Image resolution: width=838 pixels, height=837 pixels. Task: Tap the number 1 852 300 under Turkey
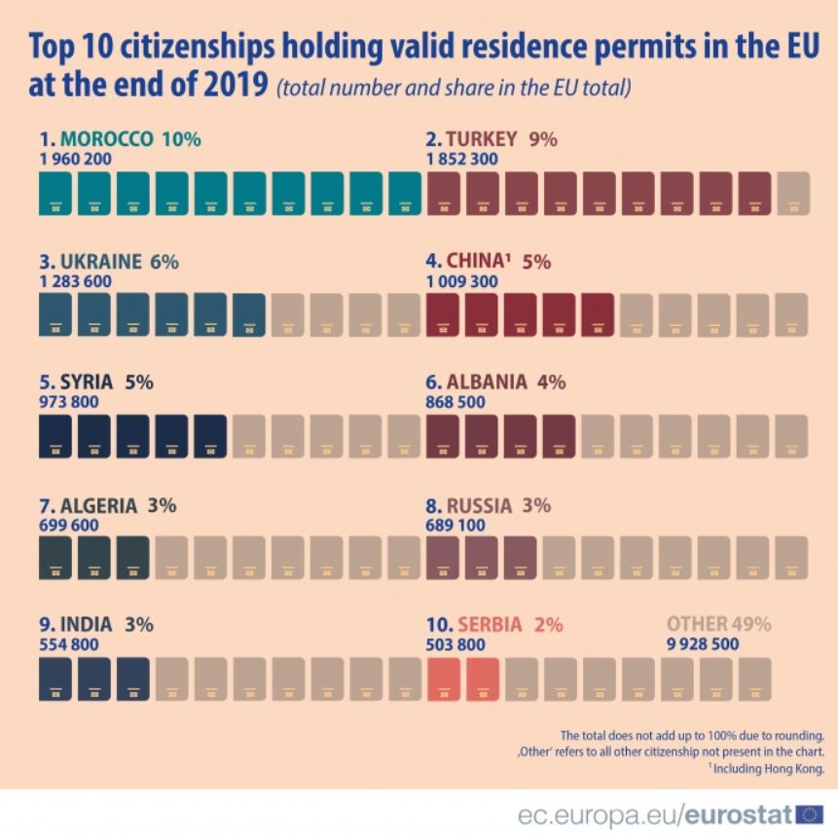click(x=463, y=159)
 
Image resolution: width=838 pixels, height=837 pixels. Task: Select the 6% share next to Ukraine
click(x=164, y=262)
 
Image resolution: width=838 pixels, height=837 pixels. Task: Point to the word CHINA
click(x=475, y=262)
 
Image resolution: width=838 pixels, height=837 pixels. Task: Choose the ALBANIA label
click(x=488, y=382)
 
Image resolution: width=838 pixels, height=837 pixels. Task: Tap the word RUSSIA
click(x=479, y=506)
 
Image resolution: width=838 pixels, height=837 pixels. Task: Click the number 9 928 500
click(x=703, y=644)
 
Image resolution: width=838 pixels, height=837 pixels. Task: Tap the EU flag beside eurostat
click(x=809, y=814)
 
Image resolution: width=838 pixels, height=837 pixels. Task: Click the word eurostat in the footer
click(x=740, y=814)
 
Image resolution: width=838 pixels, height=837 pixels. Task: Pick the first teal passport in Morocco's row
click(x=55, y=193)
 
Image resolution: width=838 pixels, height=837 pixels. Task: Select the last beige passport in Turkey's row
click(x=793, y=193)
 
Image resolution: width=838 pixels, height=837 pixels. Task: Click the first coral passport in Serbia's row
click(x=444, y=679)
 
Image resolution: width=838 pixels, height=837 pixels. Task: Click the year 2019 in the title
click(x=231, y=86)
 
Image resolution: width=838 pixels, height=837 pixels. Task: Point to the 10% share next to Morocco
click(x=181, y=139)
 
